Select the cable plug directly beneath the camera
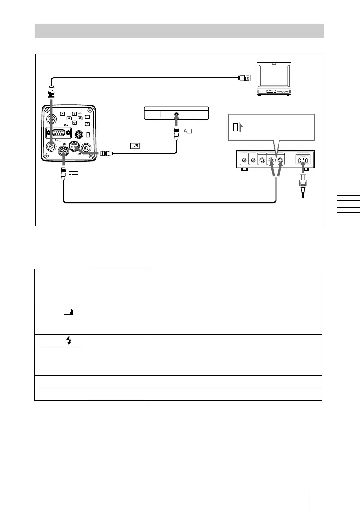click(x=63, y=171)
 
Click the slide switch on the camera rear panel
click(x=88, y=134)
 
